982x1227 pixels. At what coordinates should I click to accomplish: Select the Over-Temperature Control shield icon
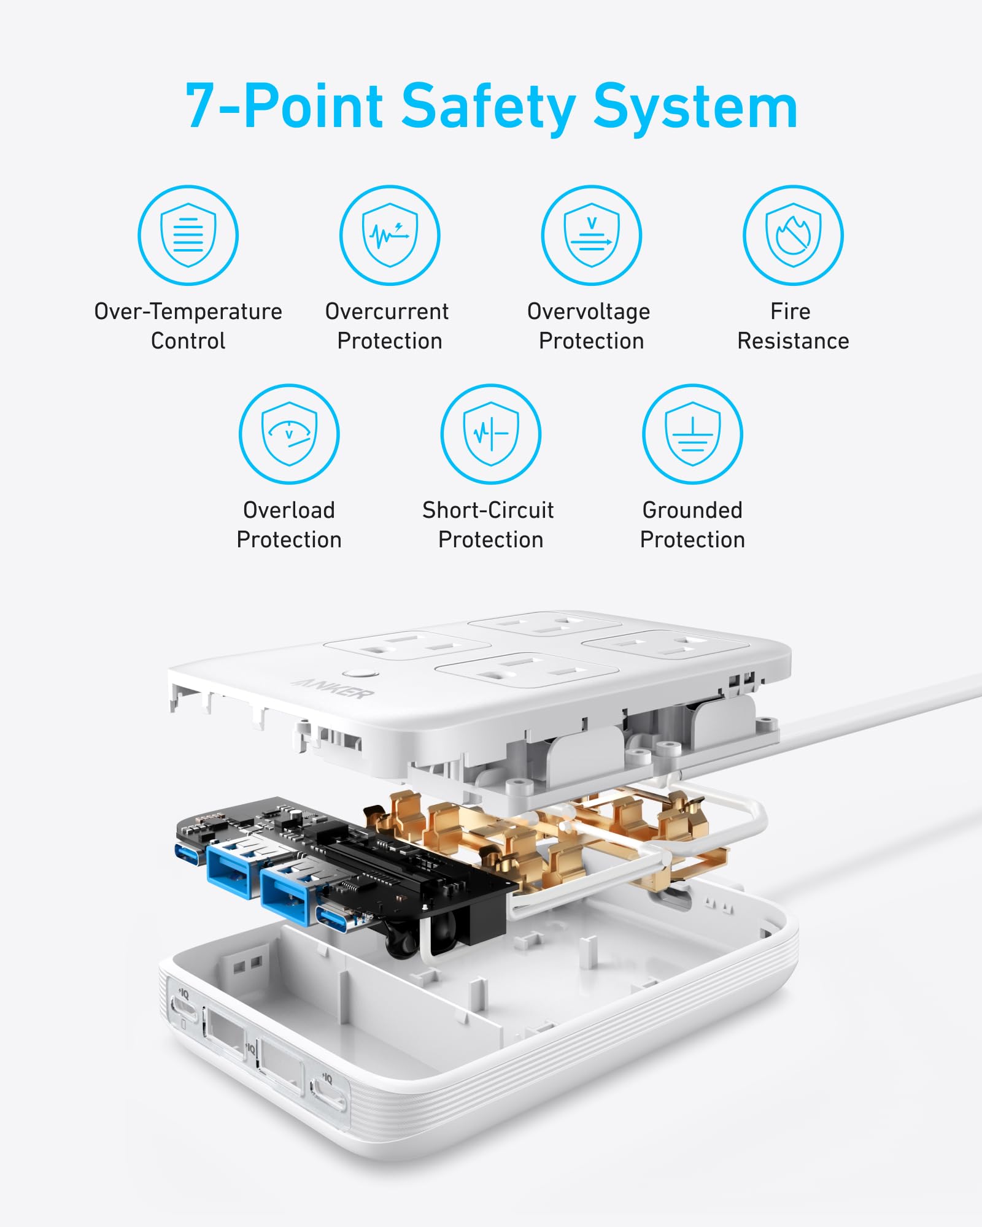(x=188, y=236)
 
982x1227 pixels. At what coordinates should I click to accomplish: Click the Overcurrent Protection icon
(x=390, y=236)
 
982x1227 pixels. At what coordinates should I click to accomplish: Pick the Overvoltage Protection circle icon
(x=592, y=236)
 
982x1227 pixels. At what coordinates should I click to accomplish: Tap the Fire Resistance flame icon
(x=793, y=236)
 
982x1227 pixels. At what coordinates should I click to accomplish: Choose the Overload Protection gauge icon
(x=289, y=434)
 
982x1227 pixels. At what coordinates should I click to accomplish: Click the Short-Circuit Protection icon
(x=491, y=434)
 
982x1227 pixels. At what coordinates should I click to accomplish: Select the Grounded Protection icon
(x=692, y=434)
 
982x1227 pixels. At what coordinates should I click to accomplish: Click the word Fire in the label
(x=791, y=312)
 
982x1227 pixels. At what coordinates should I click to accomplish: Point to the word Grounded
(x=692, y=510)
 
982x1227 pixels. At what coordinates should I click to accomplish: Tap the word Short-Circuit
(x=488, y=510)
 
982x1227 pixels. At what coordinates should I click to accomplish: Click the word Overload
(x=289, y=510)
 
